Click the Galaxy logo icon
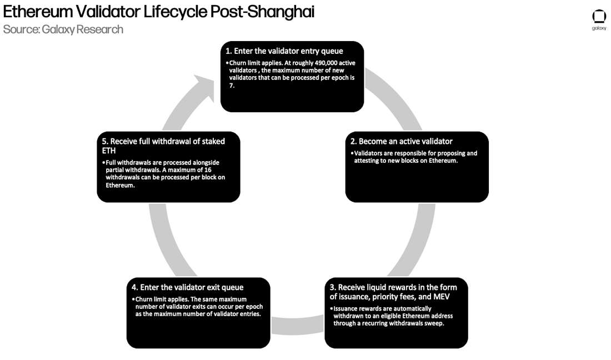(599, 16)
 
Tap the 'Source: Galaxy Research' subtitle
(63, 29)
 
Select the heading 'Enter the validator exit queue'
(187, 287)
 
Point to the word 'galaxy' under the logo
(599, 28)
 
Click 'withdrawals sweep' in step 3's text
(415, 323)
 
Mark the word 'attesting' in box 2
(371, 161)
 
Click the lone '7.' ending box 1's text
(232, 85)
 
